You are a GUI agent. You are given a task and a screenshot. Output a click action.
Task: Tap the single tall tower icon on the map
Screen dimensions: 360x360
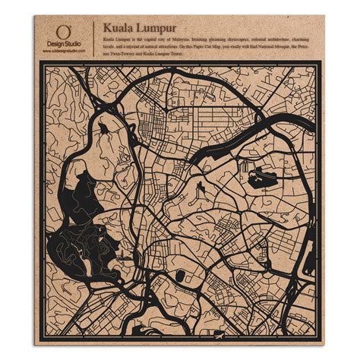click(200, 187)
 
